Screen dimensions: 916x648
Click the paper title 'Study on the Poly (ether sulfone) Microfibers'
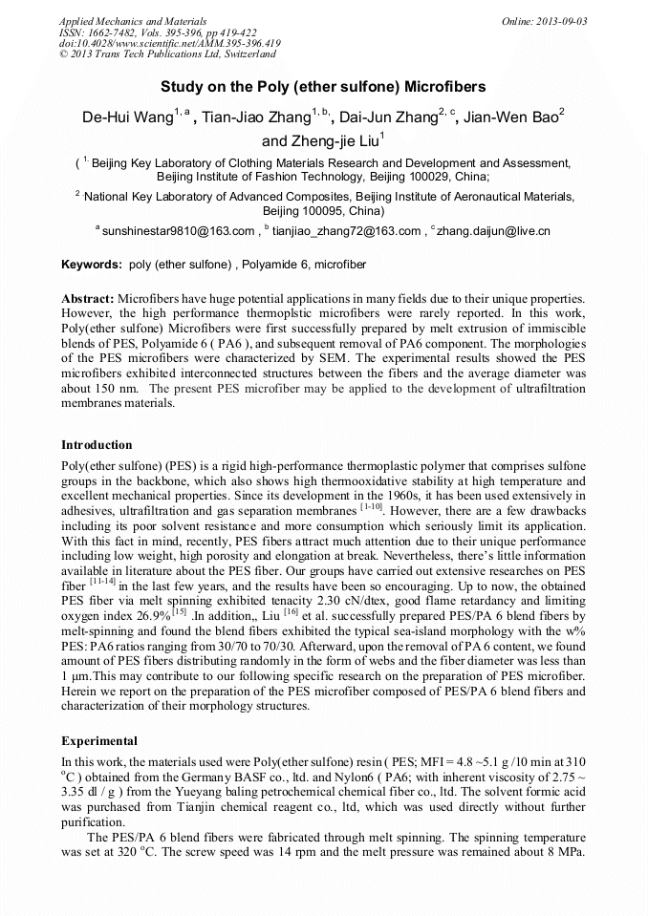click(323, 87)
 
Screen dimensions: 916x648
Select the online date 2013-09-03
click(563, 21)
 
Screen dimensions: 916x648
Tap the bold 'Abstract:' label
click(88, 299)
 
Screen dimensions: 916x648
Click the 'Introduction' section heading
click(97, 445)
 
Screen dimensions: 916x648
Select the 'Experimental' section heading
click(99, 740)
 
